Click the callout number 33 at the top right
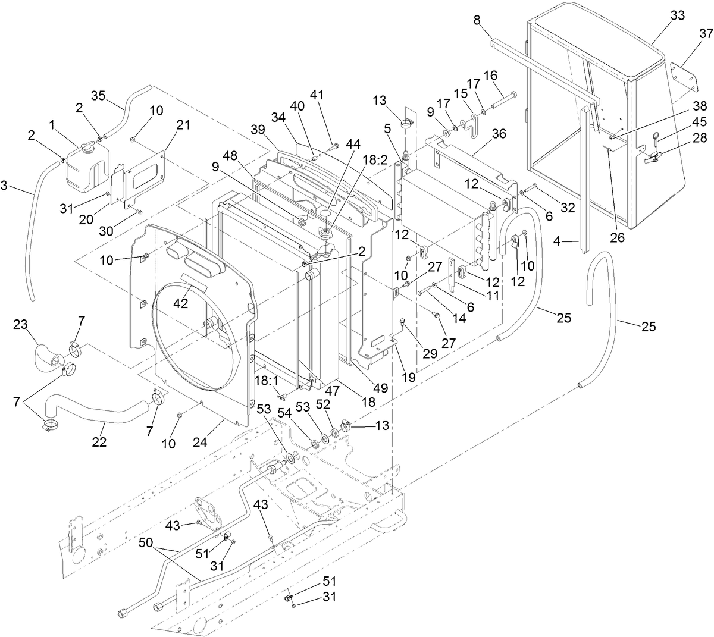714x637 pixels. click(661, 17)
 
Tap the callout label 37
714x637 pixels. click(706, 33)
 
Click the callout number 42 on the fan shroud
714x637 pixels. click(181, 302)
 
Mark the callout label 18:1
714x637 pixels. click(267, 379)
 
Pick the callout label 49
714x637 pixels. click(380, 388)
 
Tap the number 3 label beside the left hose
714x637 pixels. click(4, 186)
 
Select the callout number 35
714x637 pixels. click(98, 95)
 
